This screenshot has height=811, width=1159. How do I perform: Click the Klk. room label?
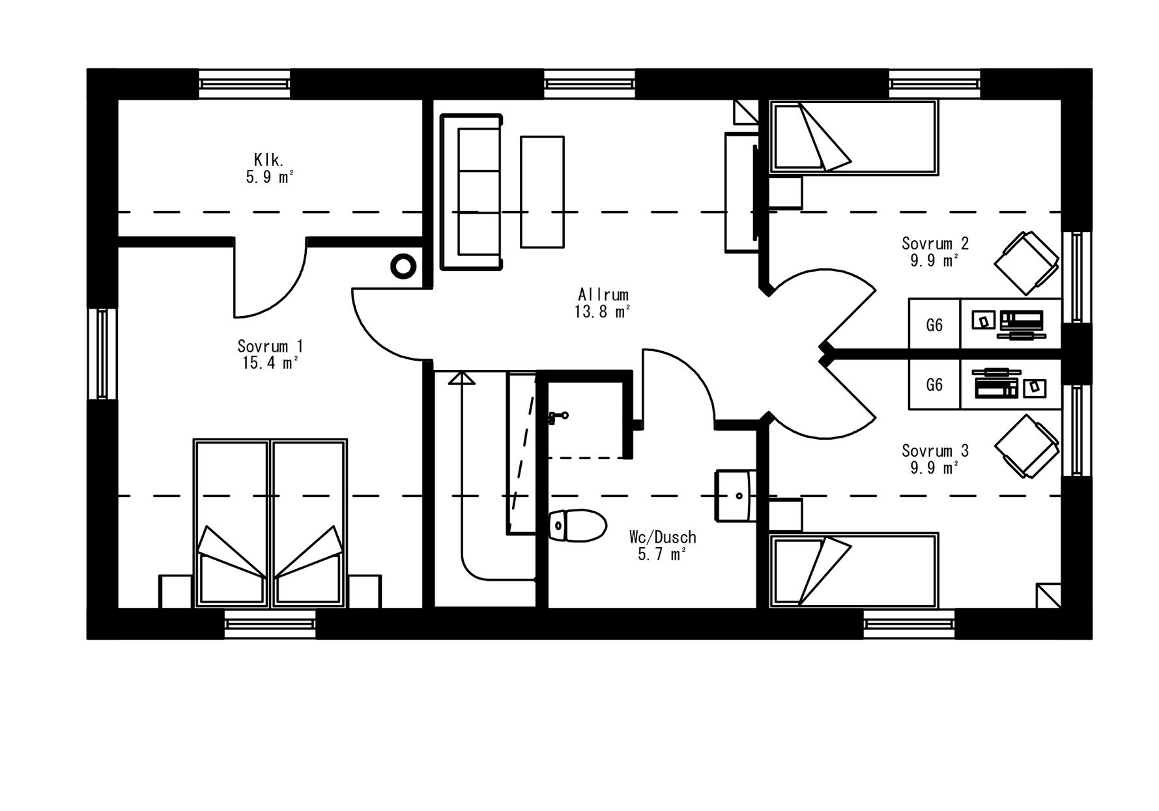pyautogui.click(x=267, y=159)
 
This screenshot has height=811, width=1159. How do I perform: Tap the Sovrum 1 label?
pyautogui.click(x=270, y=346)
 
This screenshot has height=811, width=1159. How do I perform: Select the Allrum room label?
pyautogui.click(x=603, y=294)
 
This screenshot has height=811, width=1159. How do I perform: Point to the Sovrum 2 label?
pyautogui.click(x=935, y=243)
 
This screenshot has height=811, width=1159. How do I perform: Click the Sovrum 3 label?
pyautogui.click(x=935, y=450)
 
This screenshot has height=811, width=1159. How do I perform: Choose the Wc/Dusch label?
pyautogui.click(x=663, y=537)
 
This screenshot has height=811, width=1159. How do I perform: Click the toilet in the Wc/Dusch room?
pyautogui.click(x=577, y=526)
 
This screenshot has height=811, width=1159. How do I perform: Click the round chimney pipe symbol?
pyautogui.click(x=403, y=266)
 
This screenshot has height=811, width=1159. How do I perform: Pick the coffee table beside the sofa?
pyautogui.click(x=542, y=192)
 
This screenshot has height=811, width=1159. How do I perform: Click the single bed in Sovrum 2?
pyautogui.click(x=854, y=137)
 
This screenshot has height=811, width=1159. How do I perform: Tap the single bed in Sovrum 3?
pyautogui.click(x=854, y=571)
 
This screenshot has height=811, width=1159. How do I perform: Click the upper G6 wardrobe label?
pyautogui.click(x=934, y=324)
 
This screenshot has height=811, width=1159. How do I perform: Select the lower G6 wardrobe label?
pyautogui.click(x=934, y=385)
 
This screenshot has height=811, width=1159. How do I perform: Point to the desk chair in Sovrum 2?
pyautogui.click(x=1026, y=263)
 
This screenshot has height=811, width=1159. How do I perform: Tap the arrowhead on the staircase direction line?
pyautogui.click(x=462, y=378)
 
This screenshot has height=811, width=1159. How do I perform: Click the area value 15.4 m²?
pyautogui.click(x=270, y=363)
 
